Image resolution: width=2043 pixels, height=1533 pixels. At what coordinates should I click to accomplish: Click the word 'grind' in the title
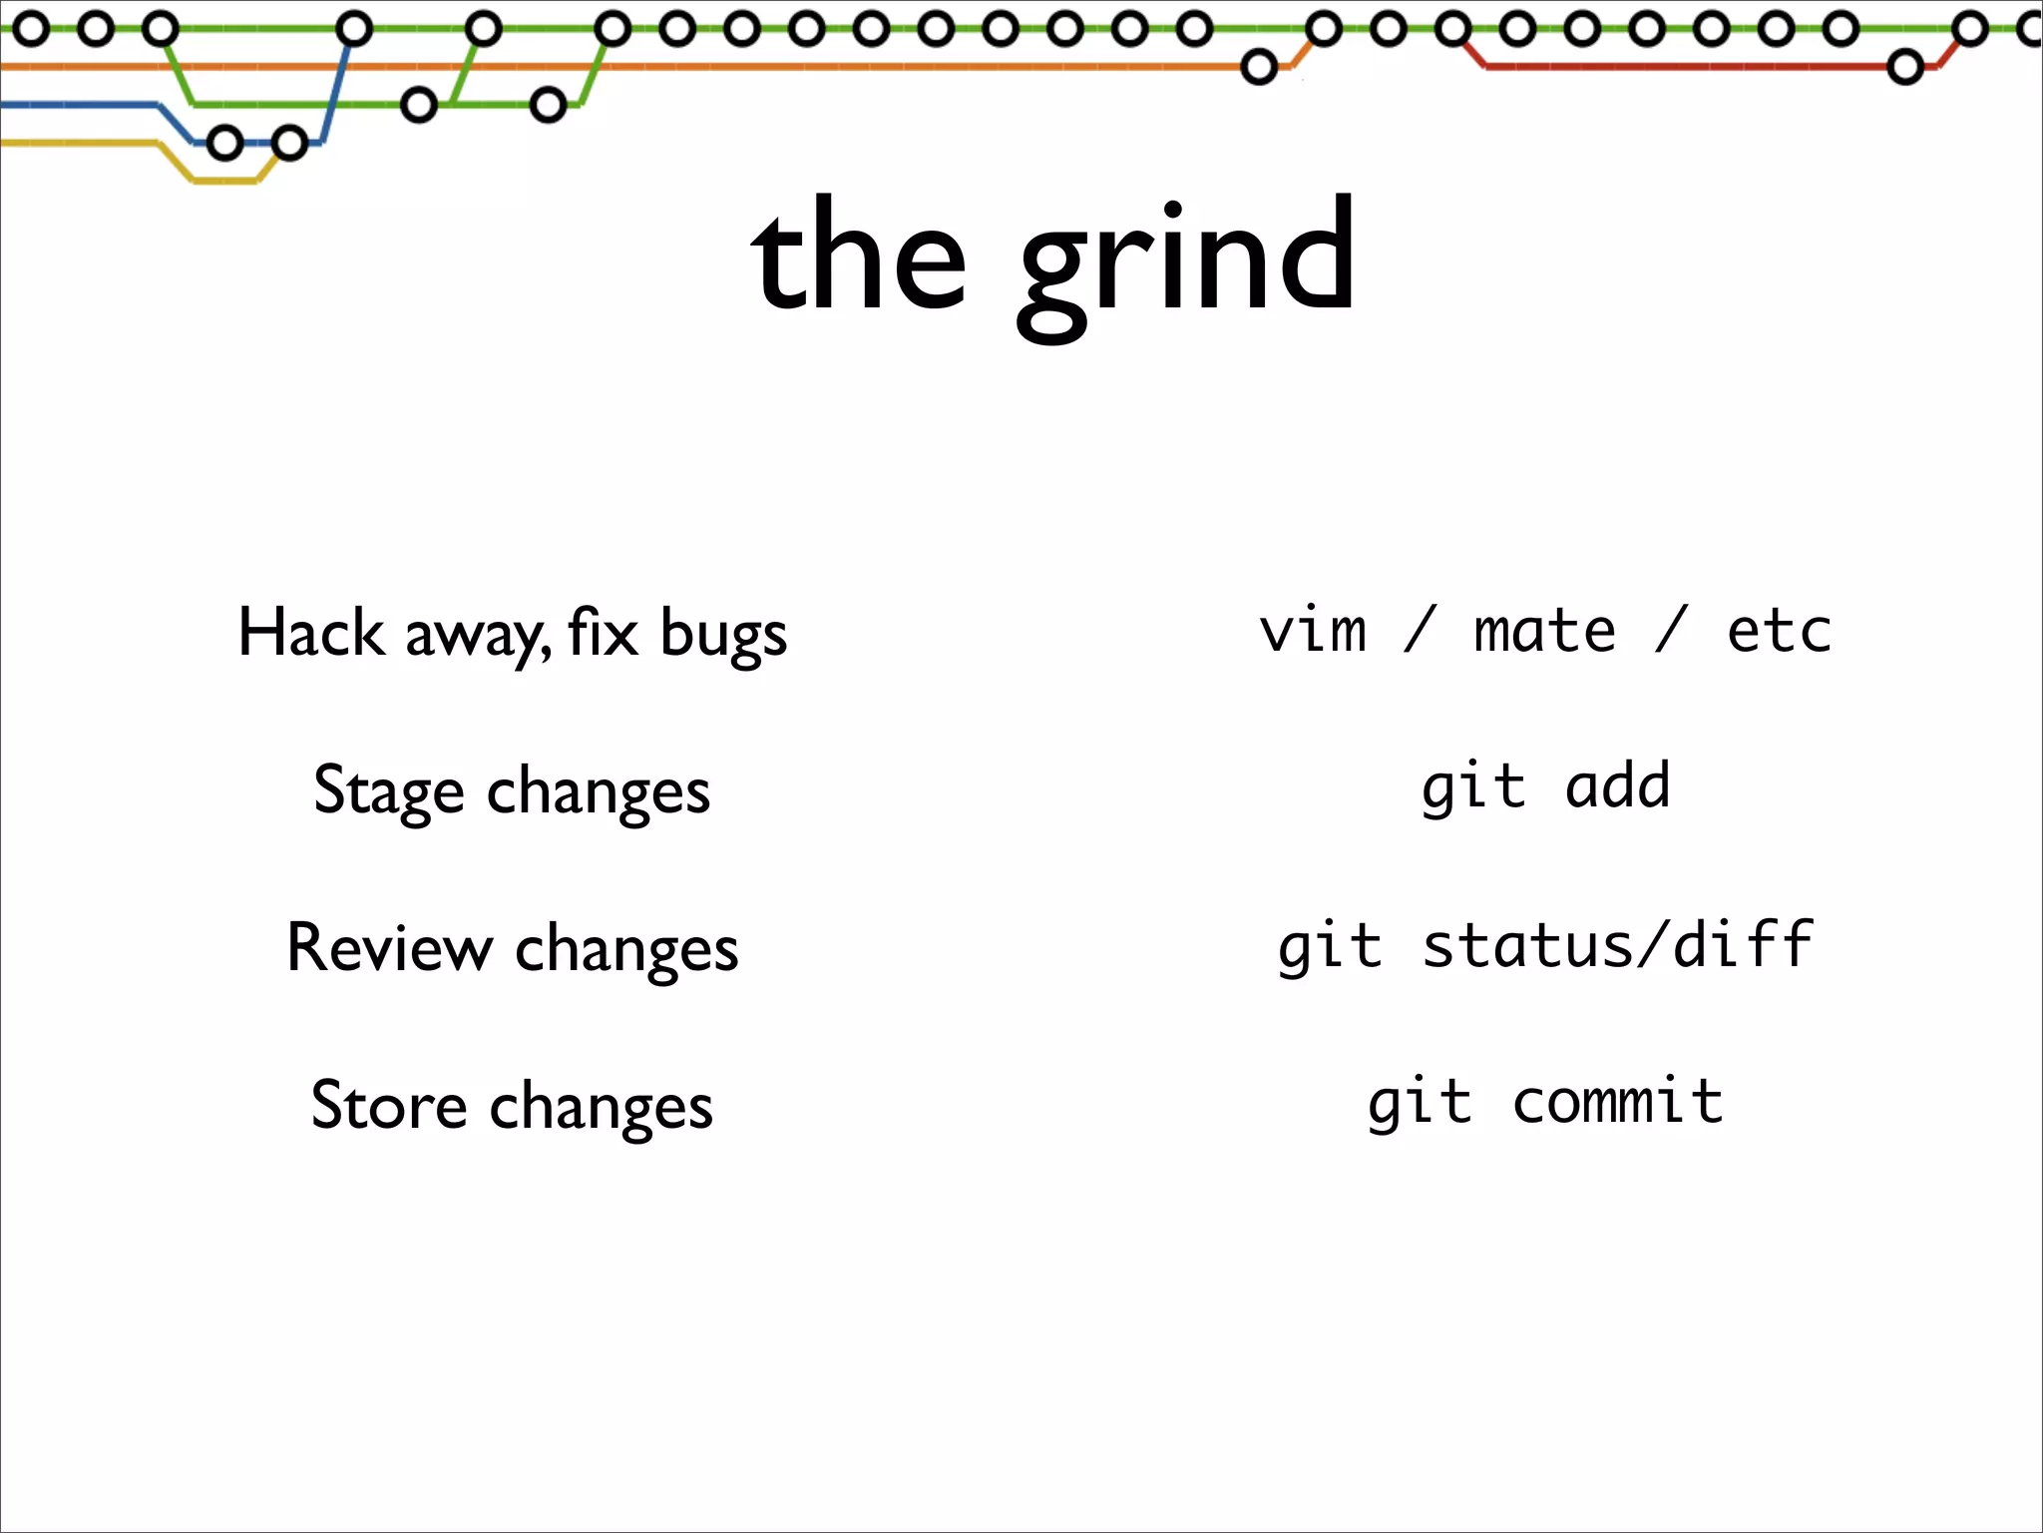[1187, 259]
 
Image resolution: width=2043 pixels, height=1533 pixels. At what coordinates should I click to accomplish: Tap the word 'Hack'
[310, 633]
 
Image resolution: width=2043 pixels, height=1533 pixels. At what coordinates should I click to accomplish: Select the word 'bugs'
[723, 635]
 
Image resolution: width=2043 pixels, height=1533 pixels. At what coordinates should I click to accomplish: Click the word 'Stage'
[388, 790]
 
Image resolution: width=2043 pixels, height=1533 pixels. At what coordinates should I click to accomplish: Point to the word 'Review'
[389, 947]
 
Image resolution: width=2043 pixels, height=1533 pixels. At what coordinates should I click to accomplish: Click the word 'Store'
[388, 1105]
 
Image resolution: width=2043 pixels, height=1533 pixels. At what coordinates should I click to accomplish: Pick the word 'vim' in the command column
[1313, 632]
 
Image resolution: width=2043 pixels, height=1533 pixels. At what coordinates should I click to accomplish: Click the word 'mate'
[1544, 632]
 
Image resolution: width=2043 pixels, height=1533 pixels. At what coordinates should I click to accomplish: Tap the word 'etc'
[1779, 632]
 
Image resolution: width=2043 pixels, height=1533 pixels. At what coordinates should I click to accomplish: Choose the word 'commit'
[1617, 1102]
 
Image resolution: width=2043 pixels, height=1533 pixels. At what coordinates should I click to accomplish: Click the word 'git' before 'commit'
[1420, 1104]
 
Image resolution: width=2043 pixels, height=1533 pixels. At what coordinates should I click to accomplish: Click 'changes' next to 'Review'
[626, 949]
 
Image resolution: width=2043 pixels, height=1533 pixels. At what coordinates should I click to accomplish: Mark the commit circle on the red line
[1905, 68]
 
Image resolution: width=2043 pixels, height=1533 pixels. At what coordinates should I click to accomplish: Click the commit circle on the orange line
[1259, 67]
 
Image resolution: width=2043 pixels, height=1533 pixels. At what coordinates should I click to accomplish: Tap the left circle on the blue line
[224, 144]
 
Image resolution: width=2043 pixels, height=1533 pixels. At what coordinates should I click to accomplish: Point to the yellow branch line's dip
[225, 182]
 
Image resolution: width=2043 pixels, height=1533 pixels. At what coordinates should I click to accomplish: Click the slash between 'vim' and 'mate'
[1419, 630]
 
